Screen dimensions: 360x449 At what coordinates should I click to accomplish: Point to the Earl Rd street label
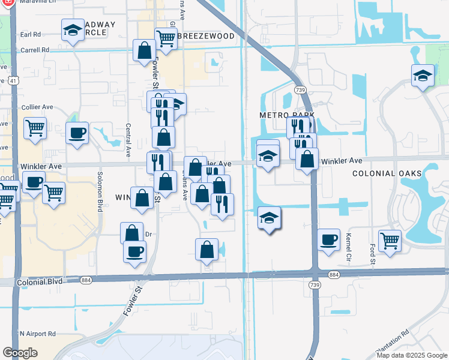30,35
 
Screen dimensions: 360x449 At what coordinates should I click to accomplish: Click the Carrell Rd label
34,50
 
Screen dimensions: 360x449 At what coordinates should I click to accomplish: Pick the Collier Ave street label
37,107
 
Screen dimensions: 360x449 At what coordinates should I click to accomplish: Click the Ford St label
372,253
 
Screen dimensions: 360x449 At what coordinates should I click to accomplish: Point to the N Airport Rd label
37,334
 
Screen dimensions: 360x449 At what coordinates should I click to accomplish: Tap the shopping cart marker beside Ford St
390,241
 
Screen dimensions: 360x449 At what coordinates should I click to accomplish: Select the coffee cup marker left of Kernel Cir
328,239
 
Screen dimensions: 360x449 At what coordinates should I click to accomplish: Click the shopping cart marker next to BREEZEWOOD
166,38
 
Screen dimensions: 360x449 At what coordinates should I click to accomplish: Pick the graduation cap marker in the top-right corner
423,76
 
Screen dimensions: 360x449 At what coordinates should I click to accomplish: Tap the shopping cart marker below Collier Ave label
35,127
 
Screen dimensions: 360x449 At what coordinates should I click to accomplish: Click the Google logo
20,352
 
